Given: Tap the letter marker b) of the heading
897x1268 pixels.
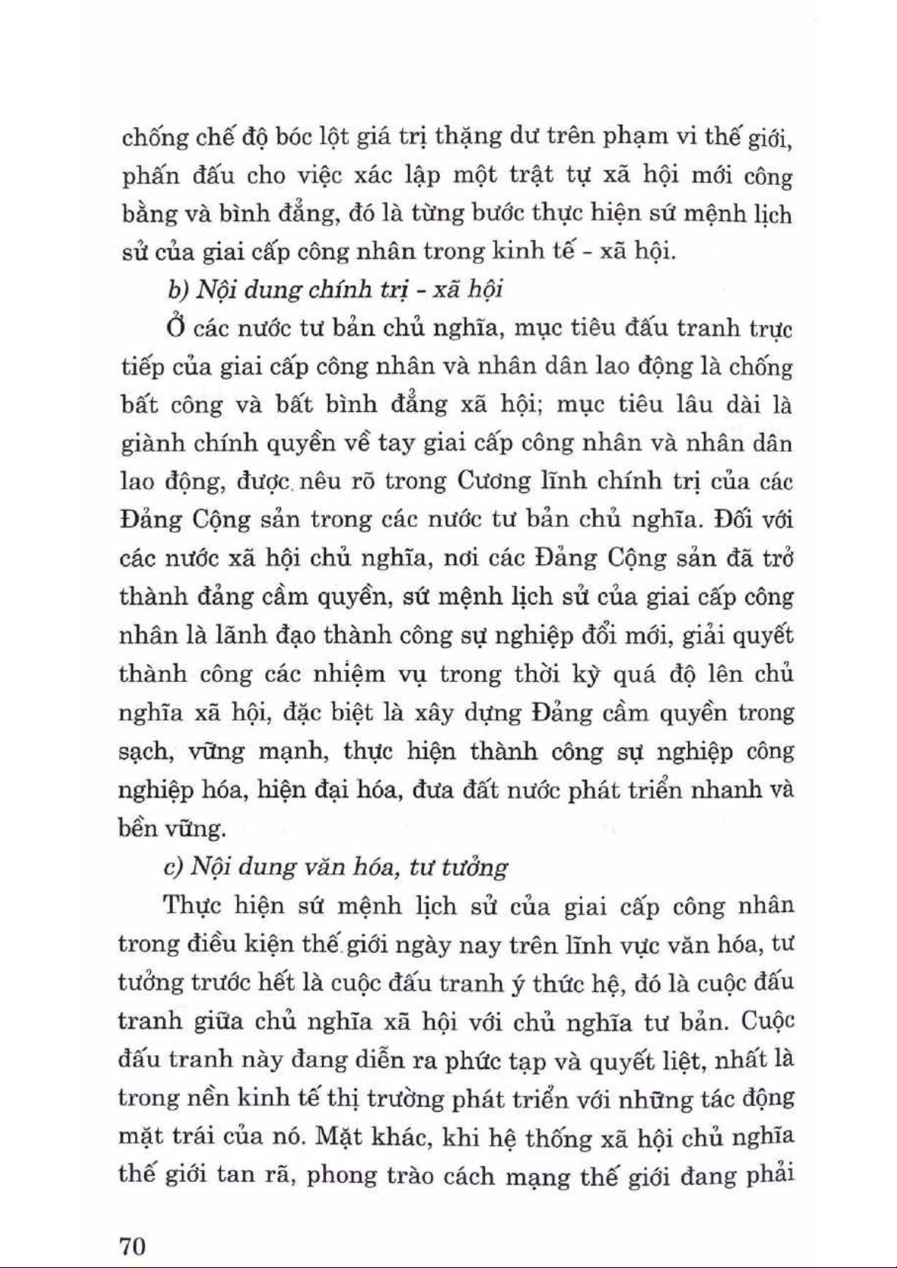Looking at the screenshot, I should coord(173,290).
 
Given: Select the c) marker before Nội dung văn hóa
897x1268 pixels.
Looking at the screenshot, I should coord(173,867).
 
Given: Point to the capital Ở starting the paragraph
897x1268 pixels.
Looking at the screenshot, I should coord(173,329).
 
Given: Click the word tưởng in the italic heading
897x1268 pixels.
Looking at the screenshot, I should coord(478,867).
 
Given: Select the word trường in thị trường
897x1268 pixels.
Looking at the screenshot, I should coord(405,1099).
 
